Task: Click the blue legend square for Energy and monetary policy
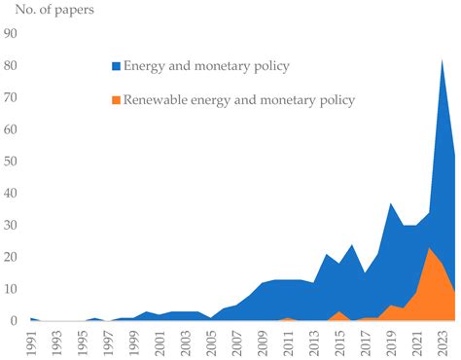pyautogui.click(x=116, y=66)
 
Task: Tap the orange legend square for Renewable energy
pyautogui.click(x=116, y=99)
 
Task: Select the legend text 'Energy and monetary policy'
pyautogui.click(x=205, y=66)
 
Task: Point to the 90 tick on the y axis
pyautogui.click(x=12, y=34)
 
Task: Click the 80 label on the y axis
pyautogui.click(x=12, y=65)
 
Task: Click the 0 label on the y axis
pyautogui.click(x=15, y=320)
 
